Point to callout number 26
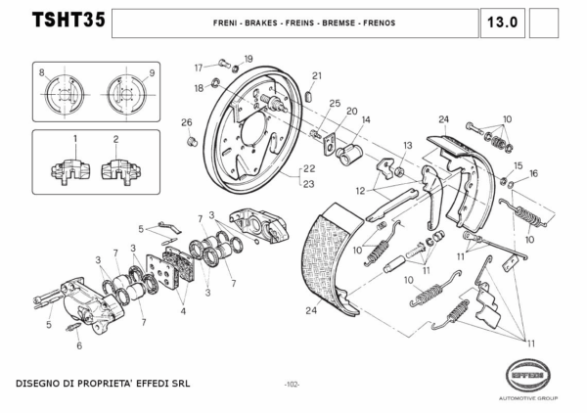click(x=186, y=122)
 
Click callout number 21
click(x=316, y=75)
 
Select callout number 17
click(x=198, y=67)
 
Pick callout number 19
click(x=248, y=60)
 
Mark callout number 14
click(x=365, y=119)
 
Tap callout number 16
click(x=534, y=173)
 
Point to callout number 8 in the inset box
click(x=42, y=73)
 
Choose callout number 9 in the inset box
click(x=153, y=73)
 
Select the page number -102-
click(x=292, y=383)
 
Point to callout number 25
click(x=335, y=103)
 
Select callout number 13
click(x=408, y=145)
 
